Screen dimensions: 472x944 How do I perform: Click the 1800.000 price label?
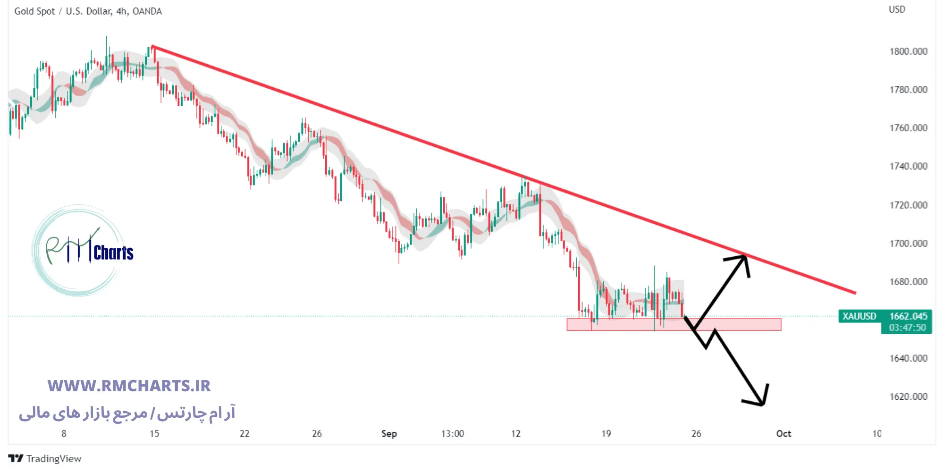tap(908, 51)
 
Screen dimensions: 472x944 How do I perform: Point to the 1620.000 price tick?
tap(908, 396)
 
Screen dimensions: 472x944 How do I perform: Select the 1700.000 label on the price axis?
tap(908, 244)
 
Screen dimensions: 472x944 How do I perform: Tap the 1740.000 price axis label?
tap(908, 166)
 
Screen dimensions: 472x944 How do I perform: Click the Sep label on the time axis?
tap(389, 433)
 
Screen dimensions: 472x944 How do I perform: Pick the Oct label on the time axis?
tap(784, 433)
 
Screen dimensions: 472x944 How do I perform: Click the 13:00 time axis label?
tap(452, 433)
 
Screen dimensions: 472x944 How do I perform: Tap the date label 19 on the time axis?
tap(606, 433)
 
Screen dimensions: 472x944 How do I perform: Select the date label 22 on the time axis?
tap(244, 433)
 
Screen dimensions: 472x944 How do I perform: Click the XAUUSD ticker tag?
tap(859, 316)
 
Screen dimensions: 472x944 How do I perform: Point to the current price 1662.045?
tap(908, 316)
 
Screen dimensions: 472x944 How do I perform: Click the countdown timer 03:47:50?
tap(907, 328)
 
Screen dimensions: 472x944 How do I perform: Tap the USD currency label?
tap(897, 9)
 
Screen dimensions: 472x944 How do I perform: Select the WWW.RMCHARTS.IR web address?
tap(129, 386)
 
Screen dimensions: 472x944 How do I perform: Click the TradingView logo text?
tap(53, 458)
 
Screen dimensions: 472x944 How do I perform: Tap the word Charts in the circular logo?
tap(113, 253)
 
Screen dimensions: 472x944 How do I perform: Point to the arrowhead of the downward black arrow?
tap(761, 403)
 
